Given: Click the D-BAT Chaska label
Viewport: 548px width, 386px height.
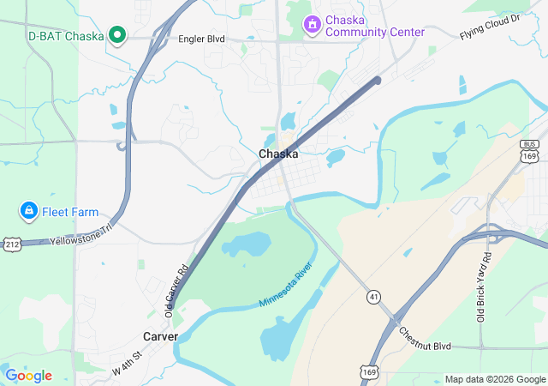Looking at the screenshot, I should coord(65,36).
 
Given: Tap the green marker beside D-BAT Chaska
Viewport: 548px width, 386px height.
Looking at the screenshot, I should coord(118,36).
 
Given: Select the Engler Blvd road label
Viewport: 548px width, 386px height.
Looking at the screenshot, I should coord(202,39).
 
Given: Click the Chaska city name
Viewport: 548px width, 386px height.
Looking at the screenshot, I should coord(278,154).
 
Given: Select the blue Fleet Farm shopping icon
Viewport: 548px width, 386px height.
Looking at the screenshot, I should coord(28,211).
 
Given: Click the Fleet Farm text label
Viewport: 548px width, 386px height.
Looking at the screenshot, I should coord(72,212).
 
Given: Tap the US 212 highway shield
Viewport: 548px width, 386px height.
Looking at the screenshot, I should coord(11,244).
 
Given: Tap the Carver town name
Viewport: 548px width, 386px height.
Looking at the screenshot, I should coord(160,336).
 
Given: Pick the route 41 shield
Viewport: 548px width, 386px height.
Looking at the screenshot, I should coord(373,296).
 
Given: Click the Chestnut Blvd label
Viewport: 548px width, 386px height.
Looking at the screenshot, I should coord(424,337).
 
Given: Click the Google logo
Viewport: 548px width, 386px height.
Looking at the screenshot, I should coord(28,376).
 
